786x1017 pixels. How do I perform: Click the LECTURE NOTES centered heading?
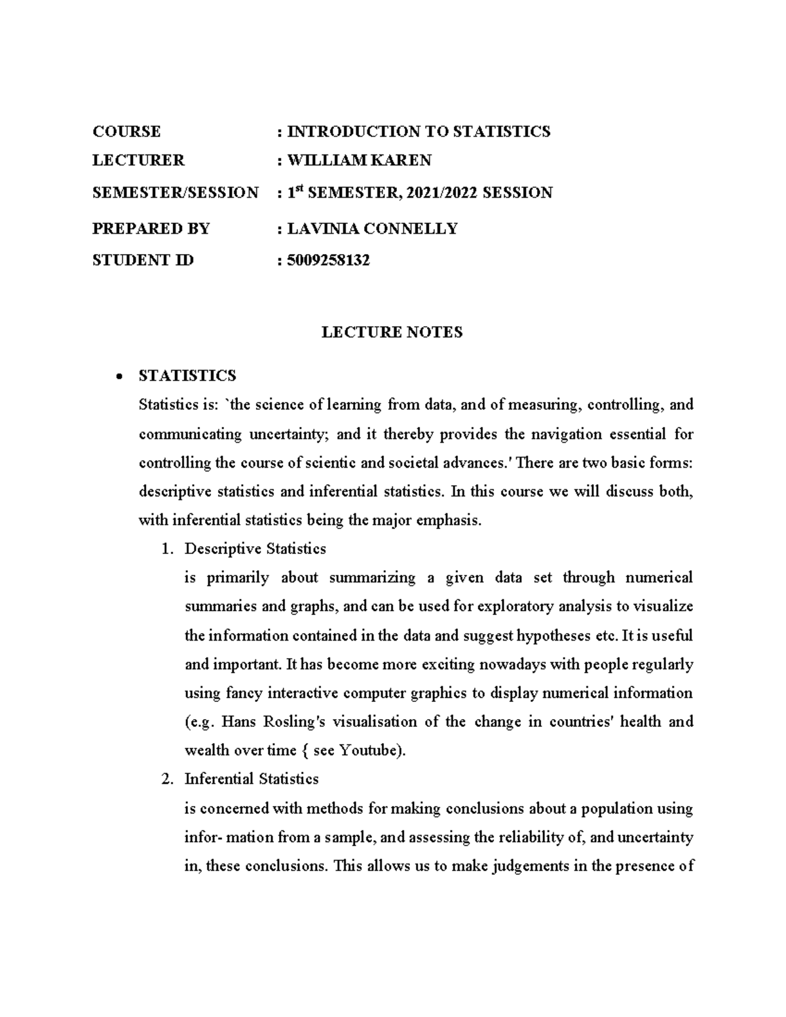(x=392, y=333)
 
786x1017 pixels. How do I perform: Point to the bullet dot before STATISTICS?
(x=119, y=377)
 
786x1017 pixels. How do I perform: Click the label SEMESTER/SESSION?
(x=175, y=193)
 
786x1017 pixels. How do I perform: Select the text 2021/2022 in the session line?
(x=441, y=193)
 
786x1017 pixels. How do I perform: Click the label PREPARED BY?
(x=151, y=229)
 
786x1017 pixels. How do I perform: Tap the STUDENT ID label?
(x=143, y=261)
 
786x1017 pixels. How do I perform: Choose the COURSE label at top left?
(x=126, y=132)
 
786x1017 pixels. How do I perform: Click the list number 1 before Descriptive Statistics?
(x=166, y=549)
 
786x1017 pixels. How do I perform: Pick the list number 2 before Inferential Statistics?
(x=166, y=779)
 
